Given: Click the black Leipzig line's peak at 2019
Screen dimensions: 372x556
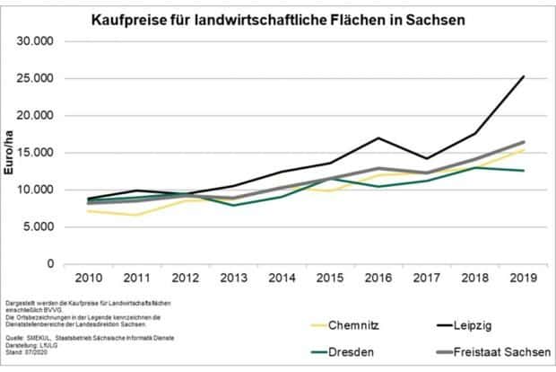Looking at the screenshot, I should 523,77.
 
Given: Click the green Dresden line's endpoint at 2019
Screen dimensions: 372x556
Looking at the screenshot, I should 523,171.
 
